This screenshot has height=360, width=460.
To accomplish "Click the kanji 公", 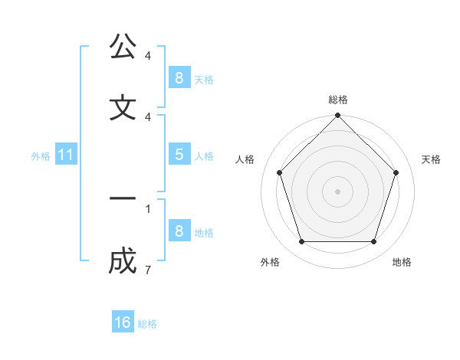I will pos(123,47).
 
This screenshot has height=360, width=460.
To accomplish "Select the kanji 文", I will pos(123,108).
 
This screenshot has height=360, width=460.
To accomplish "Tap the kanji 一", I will pos(123,199).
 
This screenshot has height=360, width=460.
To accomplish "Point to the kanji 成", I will pos(123,261).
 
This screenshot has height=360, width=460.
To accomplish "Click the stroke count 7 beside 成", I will pos(147,270).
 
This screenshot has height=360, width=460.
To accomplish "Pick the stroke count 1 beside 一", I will pos(147,208).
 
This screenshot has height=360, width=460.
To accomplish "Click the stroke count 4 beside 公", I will pos(147,55).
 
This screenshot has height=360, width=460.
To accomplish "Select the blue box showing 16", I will pos(123,322).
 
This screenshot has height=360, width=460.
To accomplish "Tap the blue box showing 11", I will pos(66,155).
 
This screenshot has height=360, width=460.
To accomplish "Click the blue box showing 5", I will pos(179,155).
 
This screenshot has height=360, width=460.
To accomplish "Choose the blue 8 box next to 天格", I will pos(179,77).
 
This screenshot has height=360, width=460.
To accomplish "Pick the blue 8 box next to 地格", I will pos(179,231).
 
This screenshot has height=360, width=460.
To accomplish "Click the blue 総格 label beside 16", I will pos(147,324).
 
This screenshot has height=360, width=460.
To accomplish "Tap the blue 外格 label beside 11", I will pos(41,156).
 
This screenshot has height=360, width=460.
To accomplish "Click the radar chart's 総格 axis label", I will pos(338,100).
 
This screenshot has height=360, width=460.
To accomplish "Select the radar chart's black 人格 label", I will pos(245,159).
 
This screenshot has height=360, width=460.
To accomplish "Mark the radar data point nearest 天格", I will pos(396,172).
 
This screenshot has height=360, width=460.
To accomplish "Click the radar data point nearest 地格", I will pos(373,242).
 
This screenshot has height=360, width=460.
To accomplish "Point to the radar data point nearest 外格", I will pos(301,242).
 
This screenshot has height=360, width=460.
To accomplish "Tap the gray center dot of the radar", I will pos(337,191).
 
